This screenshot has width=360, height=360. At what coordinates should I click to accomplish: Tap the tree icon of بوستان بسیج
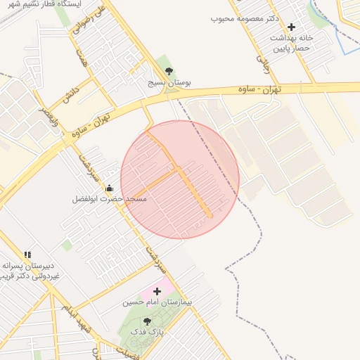(x=168, y=70)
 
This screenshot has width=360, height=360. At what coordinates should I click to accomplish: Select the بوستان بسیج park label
(x=169, y=82)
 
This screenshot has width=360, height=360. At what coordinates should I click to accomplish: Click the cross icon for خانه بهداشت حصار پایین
(x=291, y=27)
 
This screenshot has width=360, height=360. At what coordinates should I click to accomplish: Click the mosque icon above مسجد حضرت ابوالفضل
(x=110, y=188)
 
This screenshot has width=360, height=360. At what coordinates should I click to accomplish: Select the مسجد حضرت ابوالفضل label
(x=109, y=200)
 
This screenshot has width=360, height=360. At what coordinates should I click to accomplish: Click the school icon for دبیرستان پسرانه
(x=27, y=255)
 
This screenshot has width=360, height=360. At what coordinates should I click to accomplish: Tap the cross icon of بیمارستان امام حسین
(x=157, y=291)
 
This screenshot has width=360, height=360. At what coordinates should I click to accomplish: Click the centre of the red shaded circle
(x=180, y=179)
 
